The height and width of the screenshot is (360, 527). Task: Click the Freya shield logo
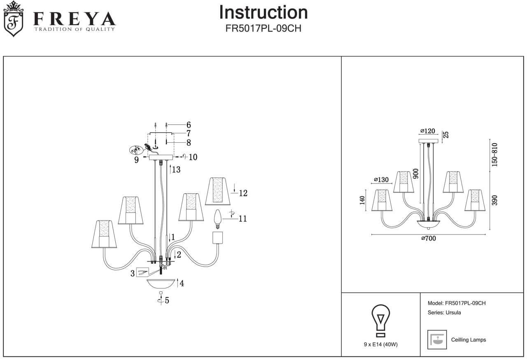[x=14, y=19]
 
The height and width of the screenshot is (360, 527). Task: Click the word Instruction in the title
[x=263, y=12]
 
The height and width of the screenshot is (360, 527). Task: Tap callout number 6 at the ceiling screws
[x=189, y=125]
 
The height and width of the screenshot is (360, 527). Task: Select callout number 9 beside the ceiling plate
[x=136, y=160]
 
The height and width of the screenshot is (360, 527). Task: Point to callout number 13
[x=176, y=170]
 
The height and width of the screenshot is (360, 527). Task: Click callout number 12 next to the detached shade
[x=243, y=193]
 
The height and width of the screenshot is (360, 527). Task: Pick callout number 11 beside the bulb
[x=243, y=218]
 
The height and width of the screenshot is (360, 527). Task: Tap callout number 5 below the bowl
[x=167, y=300]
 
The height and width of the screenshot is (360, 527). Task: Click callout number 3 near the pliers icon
[x=133, y=273]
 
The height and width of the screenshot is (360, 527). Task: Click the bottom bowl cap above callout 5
[x=161, y=284]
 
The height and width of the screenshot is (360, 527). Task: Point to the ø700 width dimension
[x=428, y=239]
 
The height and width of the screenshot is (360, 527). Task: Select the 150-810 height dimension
[x=494, y=154]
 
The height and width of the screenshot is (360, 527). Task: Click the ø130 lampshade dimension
[x=381, y=179]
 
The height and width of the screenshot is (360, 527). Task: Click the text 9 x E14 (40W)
[x=381, y=345]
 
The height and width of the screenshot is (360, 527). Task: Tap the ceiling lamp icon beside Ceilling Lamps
[x=437, y=339]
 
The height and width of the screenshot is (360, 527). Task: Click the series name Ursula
[x=453, y=312]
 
